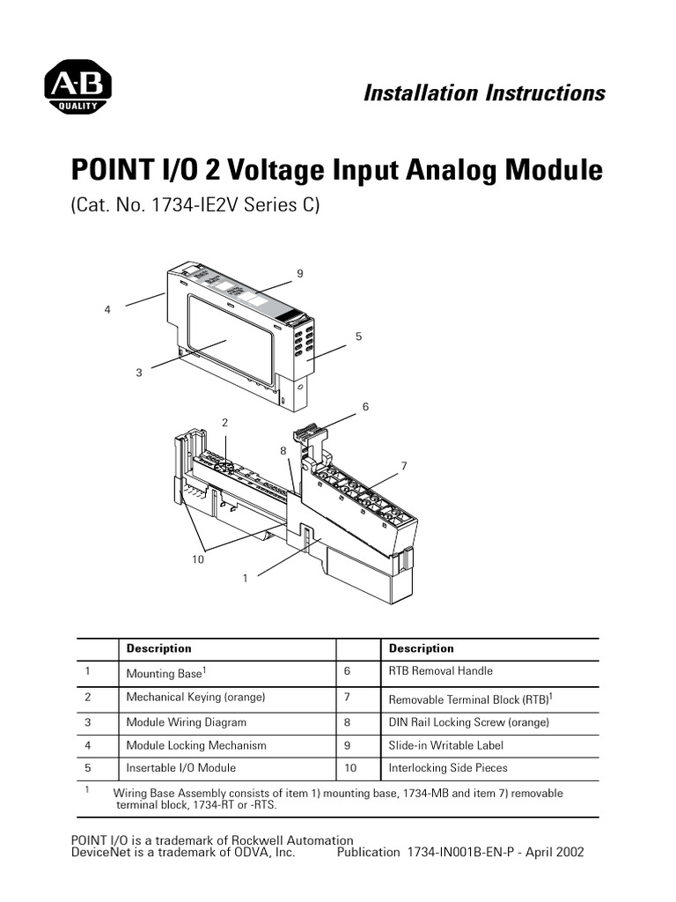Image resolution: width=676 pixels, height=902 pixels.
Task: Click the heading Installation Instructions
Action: click(x=484, y=93)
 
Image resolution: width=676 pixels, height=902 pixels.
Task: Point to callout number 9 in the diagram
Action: click(x=300, y=274)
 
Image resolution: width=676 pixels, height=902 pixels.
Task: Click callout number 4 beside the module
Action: click(x=107, y=309)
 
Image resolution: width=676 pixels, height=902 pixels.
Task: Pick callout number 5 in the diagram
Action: click(x=358, y=336)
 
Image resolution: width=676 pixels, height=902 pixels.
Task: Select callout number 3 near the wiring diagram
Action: click(x=138, y=373)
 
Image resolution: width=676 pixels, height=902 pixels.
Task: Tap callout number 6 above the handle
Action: click(x=365, y=406)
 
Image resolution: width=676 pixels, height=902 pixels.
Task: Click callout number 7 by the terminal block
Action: click(x=404, y=465)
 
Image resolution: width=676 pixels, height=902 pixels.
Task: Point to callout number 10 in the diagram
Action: click(x=200, y=559)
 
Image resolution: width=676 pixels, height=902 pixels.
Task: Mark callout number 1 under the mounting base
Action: click(x=245, y=578)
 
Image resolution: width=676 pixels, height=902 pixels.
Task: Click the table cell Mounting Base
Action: click(x=165, y=673)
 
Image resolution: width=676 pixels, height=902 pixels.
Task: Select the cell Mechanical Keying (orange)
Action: click(x=195, y=697)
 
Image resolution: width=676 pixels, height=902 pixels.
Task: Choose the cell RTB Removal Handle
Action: click(x=441, y=671)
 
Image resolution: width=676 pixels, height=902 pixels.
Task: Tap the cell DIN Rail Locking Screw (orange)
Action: click(x=468, y=722)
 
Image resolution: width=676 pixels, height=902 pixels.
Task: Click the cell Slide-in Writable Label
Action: click(x=446, y=745)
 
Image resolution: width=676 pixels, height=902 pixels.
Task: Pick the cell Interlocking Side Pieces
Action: click(x=448, y=768)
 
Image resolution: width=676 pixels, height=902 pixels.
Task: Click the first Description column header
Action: click(x=158, y=648)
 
